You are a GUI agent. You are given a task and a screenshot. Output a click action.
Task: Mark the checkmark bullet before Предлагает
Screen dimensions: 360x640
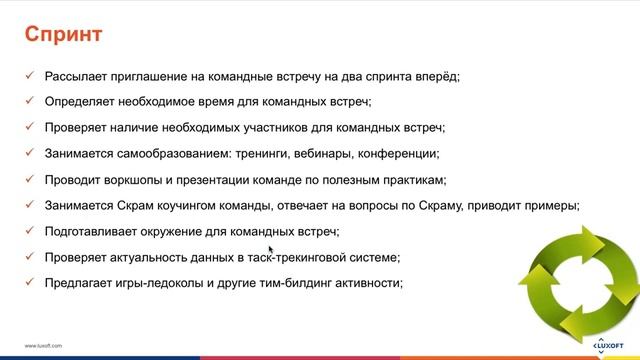point(31,283)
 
